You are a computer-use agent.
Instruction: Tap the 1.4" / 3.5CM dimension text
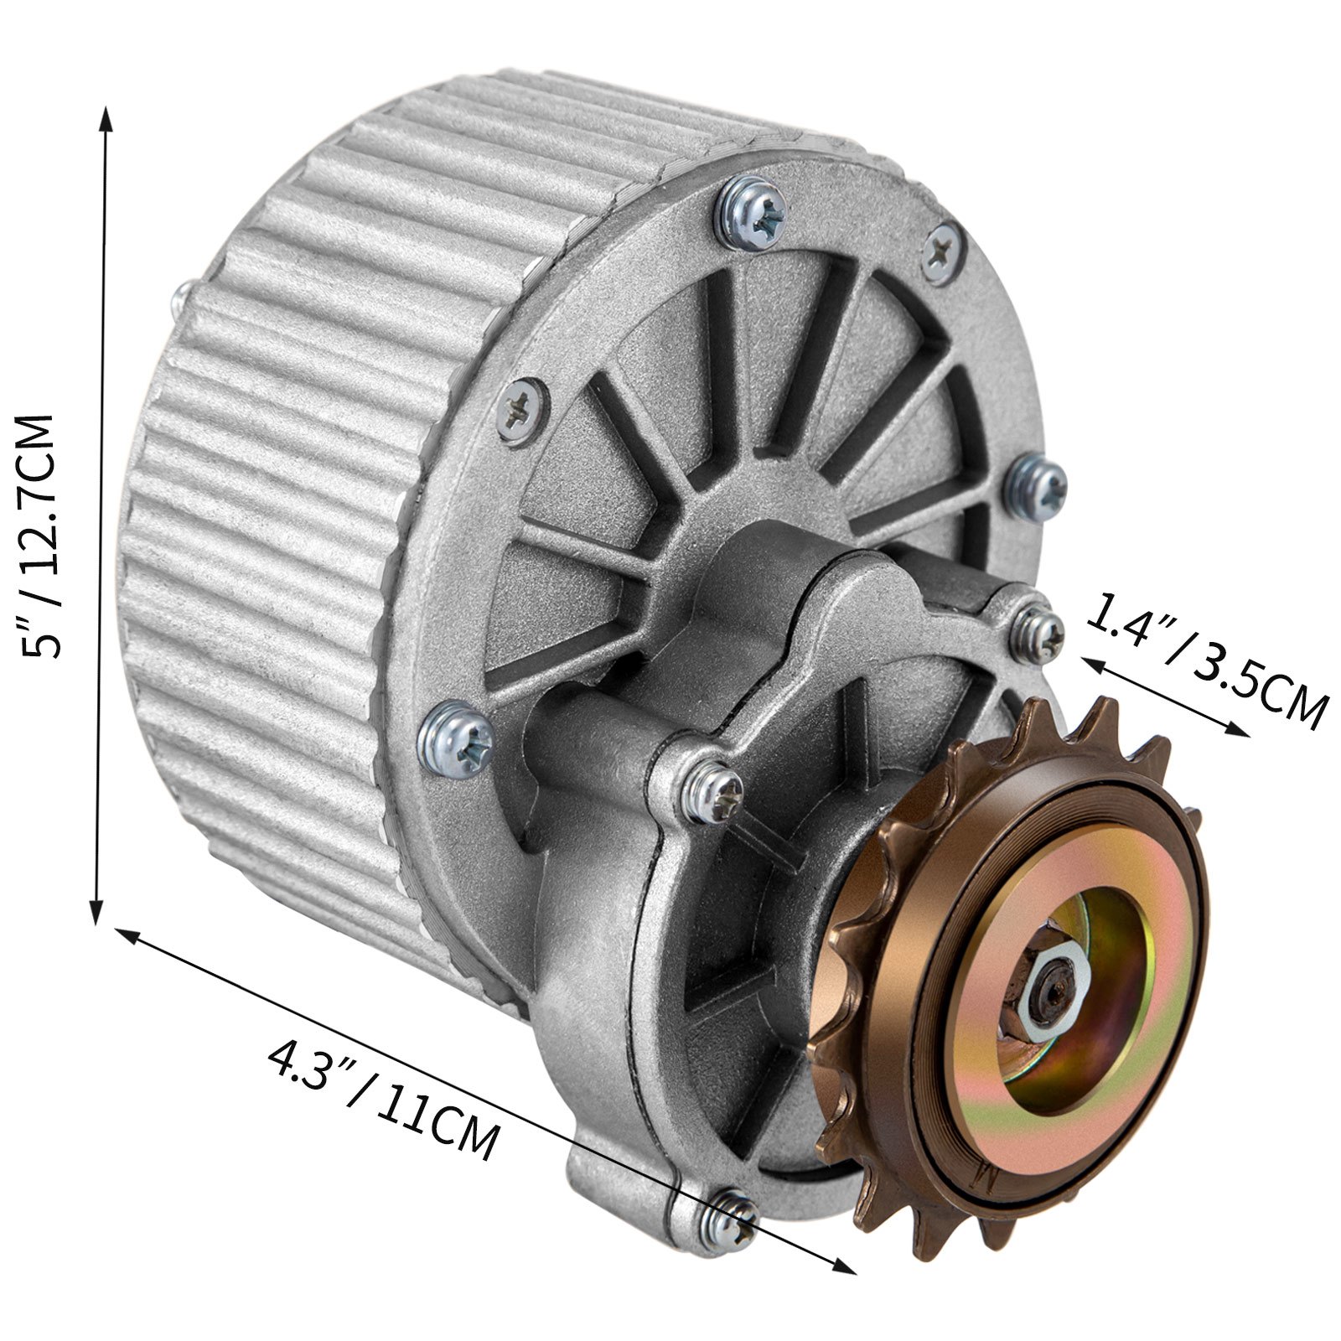click(1207, 662)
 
